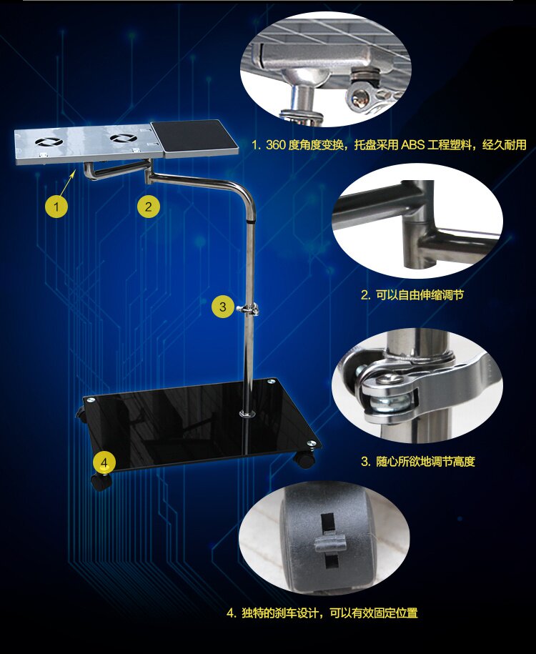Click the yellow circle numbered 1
(x=56, y=206)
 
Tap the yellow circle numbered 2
(x=149, y=206)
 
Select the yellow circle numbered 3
(x=223, y=307)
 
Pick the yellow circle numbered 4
(x=104, y=462)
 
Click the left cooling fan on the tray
(x=49, y=142)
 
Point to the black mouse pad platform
(x=194, y=137)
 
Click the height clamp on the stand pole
(x=248, y=309)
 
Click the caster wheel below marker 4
(x=101, y=482)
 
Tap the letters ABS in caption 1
(x=412, y=144)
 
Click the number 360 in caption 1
(x=276, y=144)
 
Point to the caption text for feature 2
(x=412, y=295)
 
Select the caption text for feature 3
(x=417, y=461)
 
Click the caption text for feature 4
(x=322, y=613)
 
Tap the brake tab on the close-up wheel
(x=330, y=543)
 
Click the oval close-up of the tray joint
(x=325, y=69)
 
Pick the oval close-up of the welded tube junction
(x=417, y=221)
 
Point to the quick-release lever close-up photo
(x=417, y=384)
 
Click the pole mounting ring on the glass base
(x=249, y=413)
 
